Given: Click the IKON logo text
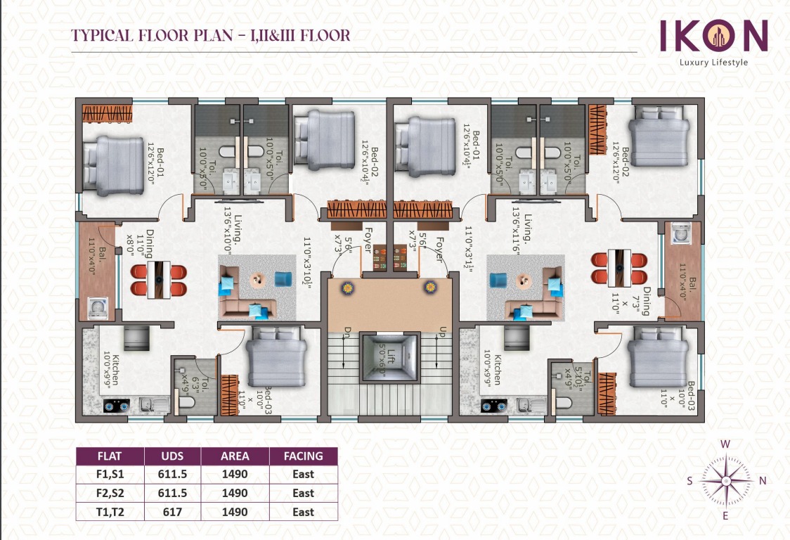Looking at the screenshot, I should pos(713,35).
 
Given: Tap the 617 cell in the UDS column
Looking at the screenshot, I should pos(172,512).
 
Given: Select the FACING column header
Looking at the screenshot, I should pos(303,456).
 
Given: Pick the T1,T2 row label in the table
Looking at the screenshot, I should pos(109,512).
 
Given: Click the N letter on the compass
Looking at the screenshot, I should pos(763,481).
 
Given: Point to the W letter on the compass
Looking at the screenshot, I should pos(727,444).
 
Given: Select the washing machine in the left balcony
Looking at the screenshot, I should pos(98,307).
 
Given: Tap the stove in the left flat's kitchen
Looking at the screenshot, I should pos(114,406).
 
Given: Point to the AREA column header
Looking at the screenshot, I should pos(235,456).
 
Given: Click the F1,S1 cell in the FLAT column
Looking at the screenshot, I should pos(109,475).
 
